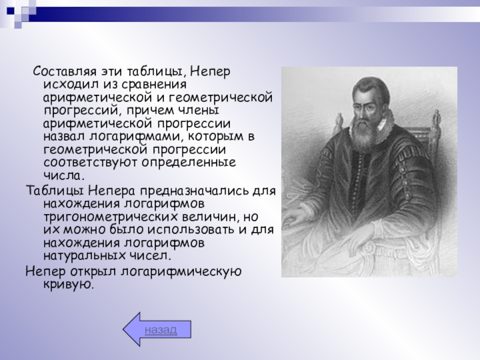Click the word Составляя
click(x=64, y=71)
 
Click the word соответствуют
click(x=91, y=162)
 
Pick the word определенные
click(x=188, y=163)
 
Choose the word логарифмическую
click(x=181, y=272)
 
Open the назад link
click(x=161, y=329)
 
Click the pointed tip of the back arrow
click(x=124, y=329)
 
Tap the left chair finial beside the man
click(x=338, y=122)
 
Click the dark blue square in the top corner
click(x=10, y=11)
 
